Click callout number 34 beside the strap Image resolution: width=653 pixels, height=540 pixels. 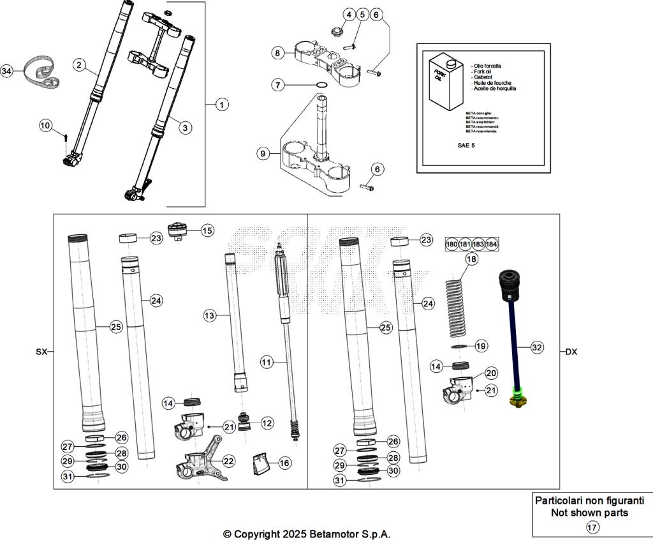[x=7, y=71]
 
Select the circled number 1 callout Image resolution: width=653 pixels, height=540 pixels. [x=221, y=104]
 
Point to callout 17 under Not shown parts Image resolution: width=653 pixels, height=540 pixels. [x=592, y=527]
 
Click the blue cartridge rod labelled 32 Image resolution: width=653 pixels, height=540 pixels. [x=513, y=345]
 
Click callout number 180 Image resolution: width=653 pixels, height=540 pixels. [x=451, y=244]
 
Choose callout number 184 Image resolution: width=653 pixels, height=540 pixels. [x=492, y=244]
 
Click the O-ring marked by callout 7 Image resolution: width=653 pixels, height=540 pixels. [x=323, y=85]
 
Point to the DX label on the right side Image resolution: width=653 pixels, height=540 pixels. [x=571, y=352]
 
